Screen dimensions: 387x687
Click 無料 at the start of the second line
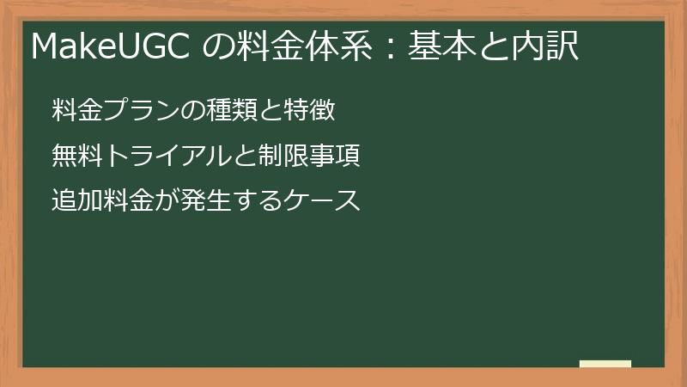[x=75, y=157]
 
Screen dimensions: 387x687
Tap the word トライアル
[x=170, y=157]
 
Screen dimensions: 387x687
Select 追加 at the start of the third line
[x=75, y=201]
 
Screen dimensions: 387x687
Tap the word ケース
[x=323, y=201]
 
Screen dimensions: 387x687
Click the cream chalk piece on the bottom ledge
[x=605, y=364]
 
